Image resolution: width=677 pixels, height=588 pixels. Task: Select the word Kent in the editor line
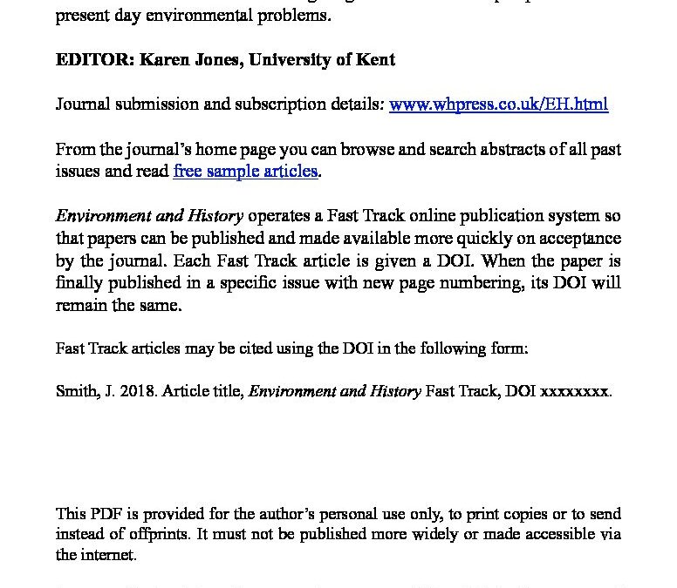[376, 60]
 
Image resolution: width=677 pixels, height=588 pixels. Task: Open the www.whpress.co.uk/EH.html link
[498, 105]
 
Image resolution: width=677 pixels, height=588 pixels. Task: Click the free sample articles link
[245, 171]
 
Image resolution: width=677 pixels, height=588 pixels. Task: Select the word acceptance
[577, 239]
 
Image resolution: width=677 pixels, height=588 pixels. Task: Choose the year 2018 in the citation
[130, 391]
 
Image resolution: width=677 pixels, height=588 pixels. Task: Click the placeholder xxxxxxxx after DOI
[575, 391]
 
